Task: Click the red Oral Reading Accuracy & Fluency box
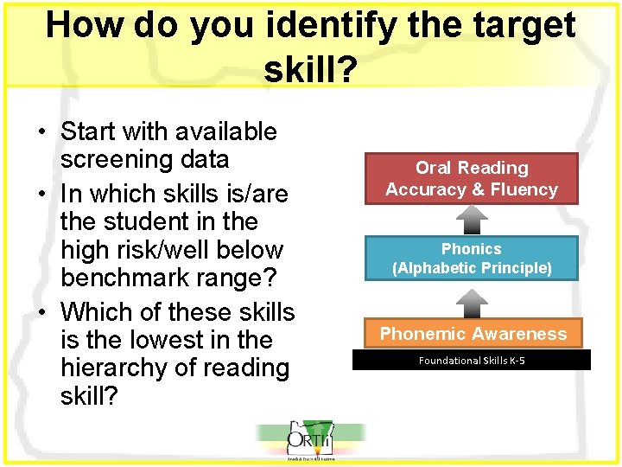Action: point(471,178)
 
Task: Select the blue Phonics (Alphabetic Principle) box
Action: point(471,259)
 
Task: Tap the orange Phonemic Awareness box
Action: point(473,334)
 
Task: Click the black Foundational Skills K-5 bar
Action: point(472,360)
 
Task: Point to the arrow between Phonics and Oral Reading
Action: point(472,220)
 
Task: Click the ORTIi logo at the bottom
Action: point(311,441)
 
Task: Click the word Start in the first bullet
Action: point(90,131)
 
